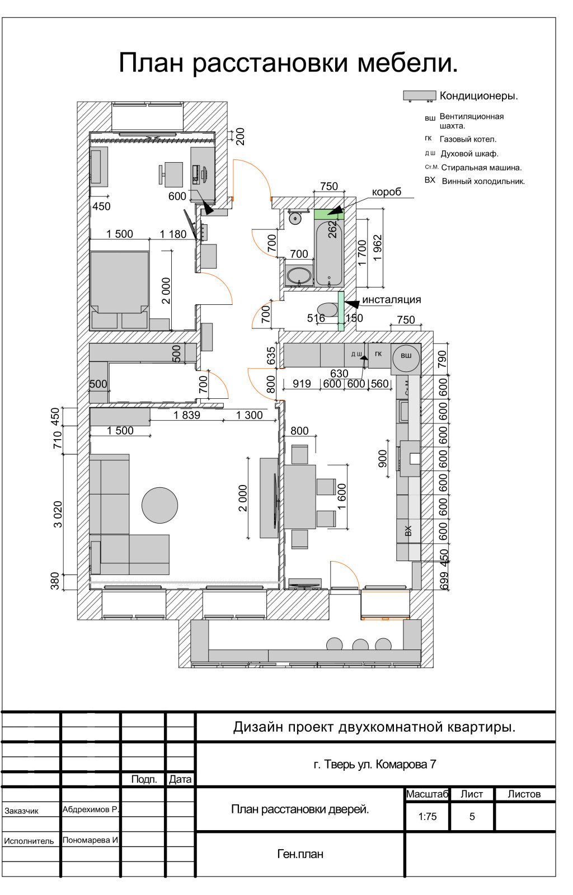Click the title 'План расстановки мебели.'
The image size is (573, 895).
tap(288, 63)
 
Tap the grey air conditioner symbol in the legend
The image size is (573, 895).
tap(419, 96)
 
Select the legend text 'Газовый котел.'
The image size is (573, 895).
tap(468, 139)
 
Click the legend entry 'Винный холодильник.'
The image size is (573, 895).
tap(483, 181)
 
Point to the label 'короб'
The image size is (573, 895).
tap(387, 192)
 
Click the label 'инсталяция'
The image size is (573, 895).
tap(392, 300)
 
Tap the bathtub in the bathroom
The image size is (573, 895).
tap(329, 253)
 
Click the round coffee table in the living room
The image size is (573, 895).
tap(159, 505)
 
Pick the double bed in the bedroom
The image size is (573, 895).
tap(120, 282)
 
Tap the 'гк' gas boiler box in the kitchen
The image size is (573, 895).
tap(379, 355)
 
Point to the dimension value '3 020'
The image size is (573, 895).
tap(58, 514)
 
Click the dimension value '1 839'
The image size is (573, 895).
tap(186, 415)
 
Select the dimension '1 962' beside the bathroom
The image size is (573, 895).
tap(377, 248)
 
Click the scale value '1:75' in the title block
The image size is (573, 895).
tap(427, 816)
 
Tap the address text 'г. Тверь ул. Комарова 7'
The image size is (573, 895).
tap(375, 764)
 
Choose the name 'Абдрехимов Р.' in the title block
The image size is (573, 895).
tap(91, 809)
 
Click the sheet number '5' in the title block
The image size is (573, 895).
tap(472, 817)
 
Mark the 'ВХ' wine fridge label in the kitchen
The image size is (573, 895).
tap(408, 531)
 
